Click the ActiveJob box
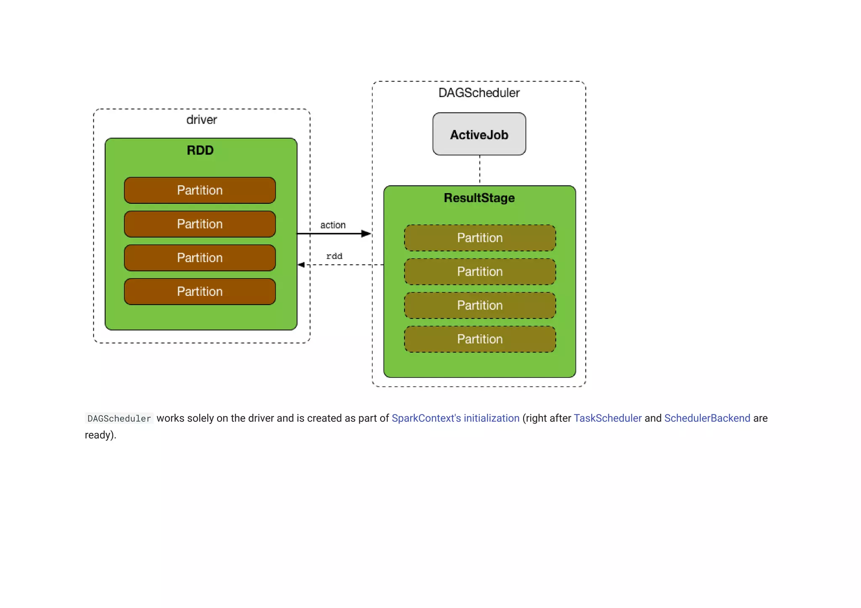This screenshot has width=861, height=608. coord(479,134)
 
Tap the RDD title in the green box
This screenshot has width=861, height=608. coord(200,150)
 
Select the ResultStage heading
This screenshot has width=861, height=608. coord(479,198)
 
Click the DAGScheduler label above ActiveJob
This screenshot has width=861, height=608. coord(479,93)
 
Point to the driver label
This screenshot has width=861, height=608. coord(201,120)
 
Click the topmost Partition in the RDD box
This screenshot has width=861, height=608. coord(200,190)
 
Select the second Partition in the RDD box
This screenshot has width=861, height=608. coord(200,224)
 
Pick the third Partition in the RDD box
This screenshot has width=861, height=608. coord(200,258)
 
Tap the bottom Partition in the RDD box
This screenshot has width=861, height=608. coord(200,292)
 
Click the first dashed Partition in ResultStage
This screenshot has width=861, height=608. coord(480,238)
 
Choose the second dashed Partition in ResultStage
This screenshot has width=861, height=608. coord(480,272)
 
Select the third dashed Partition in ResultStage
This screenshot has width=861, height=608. coord(480,305)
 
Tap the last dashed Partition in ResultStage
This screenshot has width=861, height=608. coord(480,339)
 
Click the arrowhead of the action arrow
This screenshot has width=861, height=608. coord(366,234)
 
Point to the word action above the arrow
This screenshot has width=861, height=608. coord(333,225)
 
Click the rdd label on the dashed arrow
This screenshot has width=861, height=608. coord(334,256)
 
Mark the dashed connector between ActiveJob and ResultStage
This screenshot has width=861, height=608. coord(480,170)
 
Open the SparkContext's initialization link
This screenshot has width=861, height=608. coord(455,418)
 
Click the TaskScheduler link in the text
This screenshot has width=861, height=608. coord(607,418)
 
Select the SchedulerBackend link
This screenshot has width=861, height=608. coord(707,418)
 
